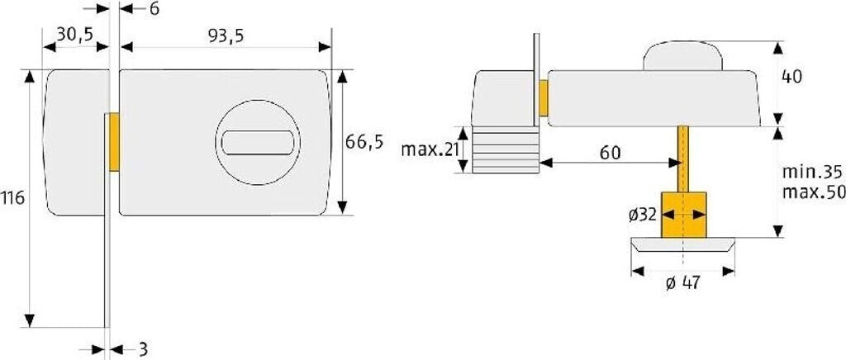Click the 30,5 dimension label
pyautogui.click(x=75, y=34)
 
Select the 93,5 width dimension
pyautogui.click(x=226, y=36)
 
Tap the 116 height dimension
pyautogui.click(x=12, y=198)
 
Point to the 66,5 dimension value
pyautogui.click(x=364, y=142)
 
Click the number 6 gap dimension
pyautogui.click(x=154, y=9)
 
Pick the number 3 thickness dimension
pyautogui.click(x=143, y=349)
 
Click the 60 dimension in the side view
pyautogui.click(x=611, y=153)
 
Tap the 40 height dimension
pyautogui.click(x=791, y=77)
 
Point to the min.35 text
pyautogui.click(x=812, y=173)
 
